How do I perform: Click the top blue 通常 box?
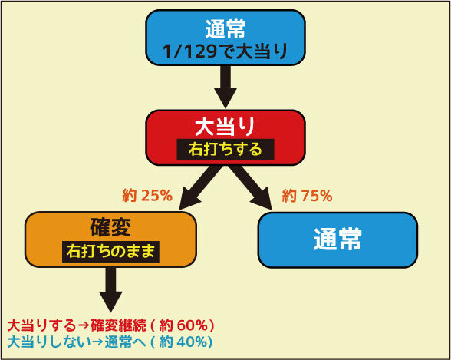coord(225,38)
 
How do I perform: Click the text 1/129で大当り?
coord(225,51)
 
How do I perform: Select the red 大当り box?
coord(225,137)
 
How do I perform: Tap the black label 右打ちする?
coord(225,150)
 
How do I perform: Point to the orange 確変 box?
coord(110,239)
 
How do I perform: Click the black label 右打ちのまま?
coord(110,252)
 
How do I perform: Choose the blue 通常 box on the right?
coord(337,240)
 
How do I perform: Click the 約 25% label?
coord(147,196)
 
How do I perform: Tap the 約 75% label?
coord(308,196)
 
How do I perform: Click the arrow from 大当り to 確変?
coord(199,187)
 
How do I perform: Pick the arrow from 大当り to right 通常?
coord(251,187)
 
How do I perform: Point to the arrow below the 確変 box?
coord(110,290)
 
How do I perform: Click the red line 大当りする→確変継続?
coord(77,326)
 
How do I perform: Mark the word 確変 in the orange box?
coord(110,227)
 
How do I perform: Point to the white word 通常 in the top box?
coord(225,28)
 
